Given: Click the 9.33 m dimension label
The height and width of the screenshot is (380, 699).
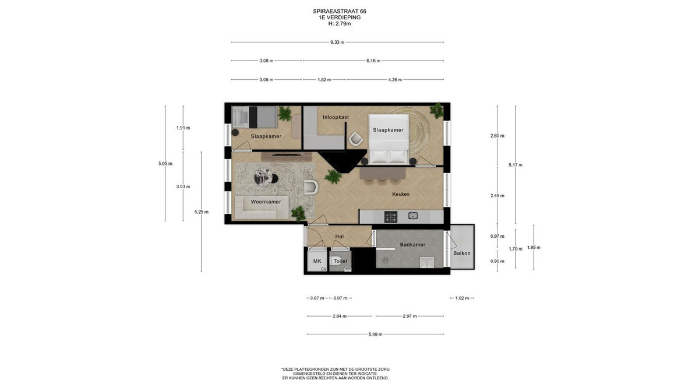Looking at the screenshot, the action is coord(337,42).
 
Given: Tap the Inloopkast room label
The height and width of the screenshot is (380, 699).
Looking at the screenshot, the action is coord(336,117).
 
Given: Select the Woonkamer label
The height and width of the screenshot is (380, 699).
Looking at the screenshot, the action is coord(266,202).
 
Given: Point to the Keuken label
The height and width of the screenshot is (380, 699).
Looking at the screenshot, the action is coord(401,194).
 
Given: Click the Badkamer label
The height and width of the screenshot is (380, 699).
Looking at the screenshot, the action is coord(412,244).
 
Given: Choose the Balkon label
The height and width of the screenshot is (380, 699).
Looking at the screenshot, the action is coord(462,253).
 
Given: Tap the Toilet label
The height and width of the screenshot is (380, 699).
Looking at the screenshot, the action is coord(340,261).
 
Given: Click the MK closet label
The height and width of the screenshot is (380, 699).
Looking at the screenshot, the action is coord(317,261).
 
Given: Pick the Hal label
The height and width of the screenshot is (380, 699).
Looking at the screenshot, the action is coord(340,237).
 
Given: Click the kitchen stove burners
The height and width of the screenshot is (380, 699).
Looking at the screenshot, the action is coord(391,217).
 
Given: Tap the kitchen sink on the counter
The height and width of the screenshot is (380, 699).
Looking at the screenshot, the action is coord(413,216).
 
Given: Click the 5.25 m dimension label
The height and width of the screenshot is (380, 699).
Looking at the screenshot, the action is coord(202,212).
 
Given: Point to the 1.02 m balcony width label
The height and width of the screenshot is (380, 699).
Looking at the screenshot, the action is coord(462,298).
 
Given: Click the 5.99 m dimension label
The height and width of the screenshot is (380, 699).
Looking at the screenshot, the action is coord(375,335).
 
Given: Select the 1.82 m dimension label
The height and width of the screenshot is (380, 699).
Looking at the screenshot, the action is coord(324,80).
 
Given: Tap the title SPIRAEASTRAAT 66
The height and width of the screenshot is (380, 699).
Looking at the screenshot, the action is coord(340,11).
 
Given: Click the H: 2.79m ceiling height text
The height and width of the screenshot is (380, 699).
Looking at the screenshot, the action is coord(340,24).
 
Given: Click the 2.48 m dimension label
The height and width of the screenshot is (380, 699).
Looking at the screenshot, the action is coord(497,195).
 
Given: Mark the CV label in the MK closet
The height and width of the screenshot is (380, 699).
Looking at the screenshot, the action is coord(324,269).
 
